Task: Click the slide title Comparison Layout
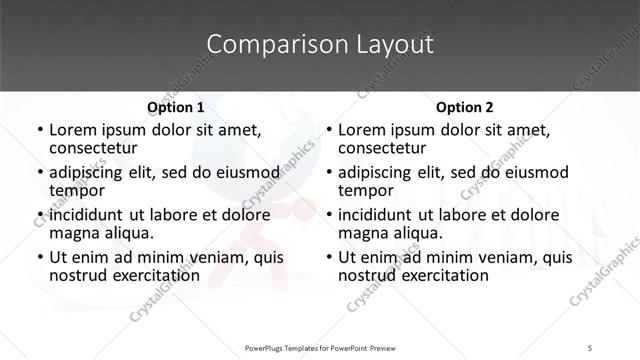[320, 45]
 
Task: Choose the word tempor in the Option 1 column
[75, 189]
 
